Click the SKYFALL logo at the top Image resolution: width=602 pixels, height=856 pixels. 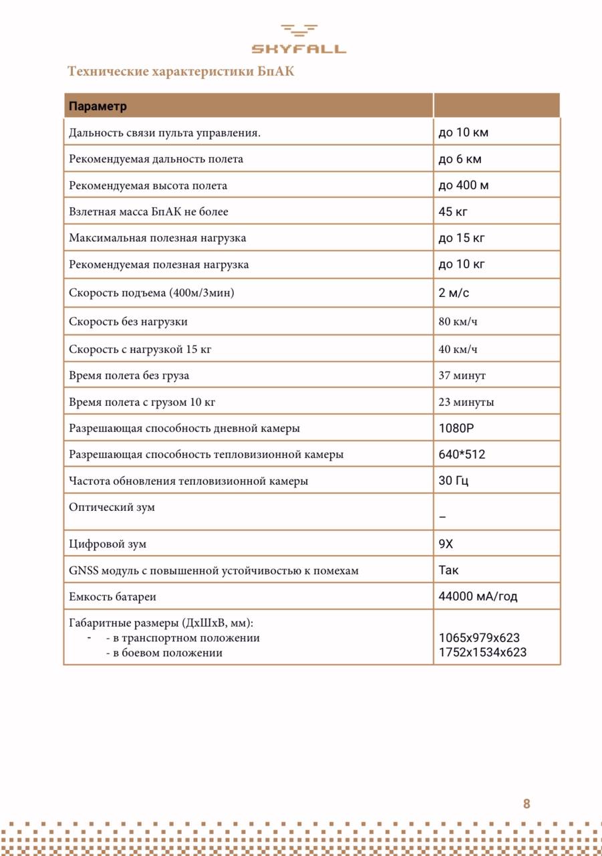299,39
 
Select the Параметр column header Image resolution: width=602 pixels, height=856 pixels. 98,106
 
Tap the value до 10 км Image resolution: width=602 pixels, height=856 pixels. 463,132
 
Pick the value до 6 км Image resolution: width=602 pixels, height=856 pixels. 460,159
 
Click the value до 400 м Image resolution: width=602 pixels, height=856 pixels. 463,185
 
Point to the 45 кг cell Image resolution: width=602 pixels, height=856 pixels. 452,211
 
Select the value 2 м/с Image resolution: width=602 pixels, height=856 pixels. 454,293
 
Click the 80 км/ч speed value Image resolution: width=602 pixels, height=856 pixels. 458,322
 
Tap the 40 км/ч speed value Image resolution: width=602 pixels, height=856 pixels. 458,349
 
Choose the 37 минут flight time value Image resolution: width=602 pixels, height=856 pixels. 462,375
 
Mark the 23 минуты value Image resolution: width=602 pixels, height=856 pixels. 466,402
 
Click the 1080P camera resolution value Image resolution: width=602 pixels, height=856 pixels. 456,428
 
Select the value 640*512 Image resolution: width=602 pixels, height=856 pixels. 462,454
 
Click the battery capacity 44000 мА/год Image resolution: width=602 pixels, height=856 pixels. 478,596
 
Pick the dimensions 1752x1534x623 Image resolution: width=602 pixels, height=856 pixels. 482,653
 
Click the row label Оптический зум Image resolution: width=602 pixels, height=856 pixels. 112,507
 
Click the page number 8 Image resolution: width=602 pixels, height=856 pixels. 526,804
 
